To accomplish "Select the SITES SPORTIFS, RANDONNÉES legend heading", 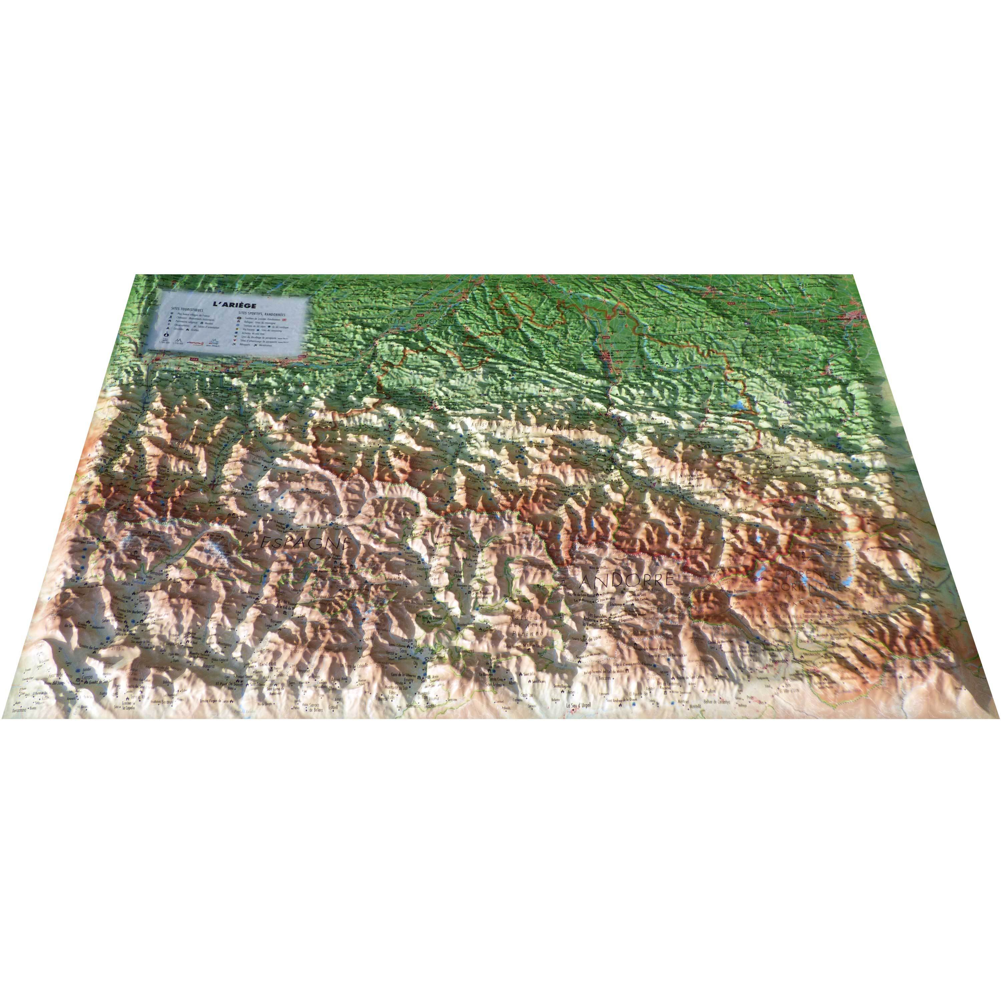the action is click(x=262, y=313).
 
